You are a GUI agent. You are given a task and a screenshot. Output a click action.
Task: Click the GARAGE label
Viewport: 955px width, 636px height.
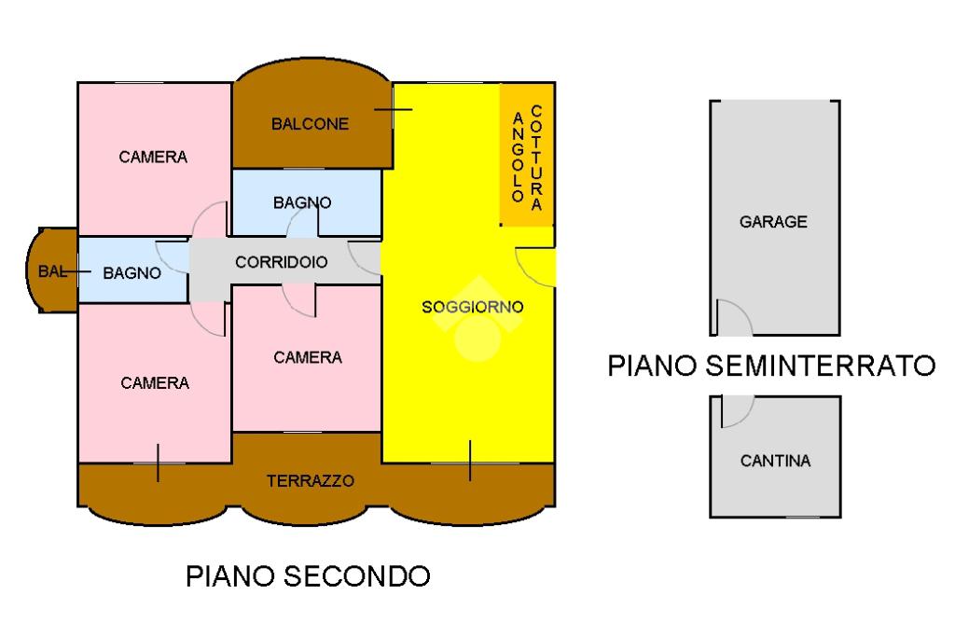773,222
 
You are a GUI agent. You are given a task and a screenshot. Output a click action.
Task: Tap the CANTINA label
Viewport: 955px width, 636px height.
775,461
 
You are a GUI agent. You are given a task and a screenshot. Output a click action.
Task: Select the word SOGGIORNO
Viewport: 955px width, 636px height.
473,307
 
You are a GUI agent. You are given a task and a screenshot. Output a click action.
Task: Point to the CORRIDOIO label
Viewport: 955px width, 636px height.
282,262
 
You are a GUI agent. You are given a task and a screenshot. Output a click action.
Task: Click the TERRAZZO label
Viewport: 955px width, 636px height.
311,480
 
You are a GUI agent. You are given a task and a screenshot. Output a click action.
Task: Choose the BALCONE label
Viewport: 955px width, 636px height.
310,124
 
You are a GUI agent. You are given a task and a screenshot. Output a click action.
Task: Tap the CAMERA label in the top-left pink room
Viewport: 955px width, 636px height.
153,158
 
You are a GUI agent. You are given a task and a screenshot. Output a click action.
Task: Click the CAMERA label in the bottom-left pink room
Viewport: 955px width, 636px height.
155,383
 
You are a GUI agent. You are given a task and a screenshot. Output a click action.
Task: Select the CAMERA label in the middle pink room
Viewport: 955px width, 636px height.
308,357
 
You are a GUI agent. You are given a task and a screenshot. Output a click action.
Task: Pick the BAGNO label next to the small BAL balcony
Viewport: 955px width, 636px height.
132,273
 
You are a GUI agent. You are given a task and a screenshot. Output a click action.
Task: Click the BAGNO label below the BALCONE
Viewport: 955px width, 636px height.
302,202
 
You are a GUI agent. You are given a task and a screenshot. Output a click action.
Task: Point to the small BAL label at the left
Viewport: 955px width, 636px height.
52,271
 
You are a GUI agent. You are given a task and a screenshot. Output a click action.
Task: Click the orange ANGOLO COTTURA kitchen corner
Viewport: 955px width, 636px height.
527,154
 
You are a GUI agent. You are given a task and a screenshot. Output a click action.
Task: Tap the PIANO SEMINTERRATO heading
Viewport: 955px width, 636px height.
771,366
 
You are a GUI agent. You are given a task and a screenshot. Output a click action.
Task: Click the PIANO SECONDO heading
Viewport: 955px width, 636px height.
308,576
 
